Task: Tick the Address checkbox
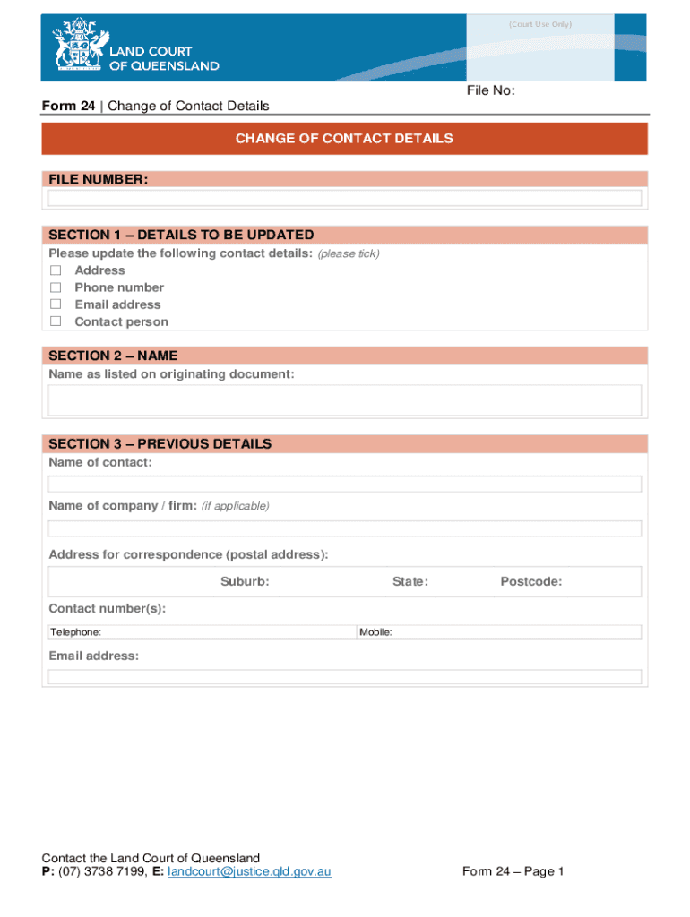pos(56,270)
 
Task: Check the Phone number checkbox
pos(56,287)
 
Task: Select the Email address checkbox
pos(56,304)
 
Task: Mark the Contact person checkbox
pos(56,321)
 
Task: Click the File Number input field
pos(345,199)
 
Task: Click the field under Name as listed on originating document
pos(345,400)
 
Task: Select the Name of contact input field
pos(345,484)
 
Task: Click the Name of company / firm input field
pos(345,528)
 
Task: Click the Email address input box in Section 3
pos(345,677)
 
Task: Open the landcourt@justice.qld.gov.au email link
pos(249,871)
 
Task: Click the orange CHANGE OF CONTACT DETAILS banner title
pos(344,139)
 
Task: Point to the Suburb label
pos(245,582)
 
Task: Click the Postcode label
pos(531,582)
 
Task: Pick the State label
pos(410,582)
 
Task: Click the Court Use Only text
pos(539,24)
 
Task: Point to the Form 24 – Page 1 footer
pos(513,871)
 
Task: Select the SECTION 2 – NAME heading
pos(113,356)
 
